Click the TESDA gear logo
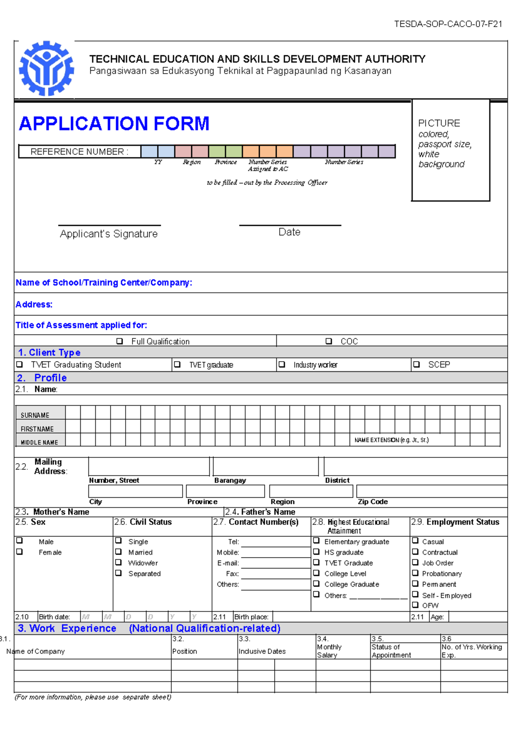pos(46,68)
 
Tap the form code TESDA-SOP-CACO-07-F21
pos(448,24)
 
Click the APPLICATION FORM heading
pos(114,124)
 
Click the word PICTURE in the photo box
pos(439,123)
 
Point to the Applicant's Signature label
pos(109,234)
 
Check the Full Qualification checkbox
pos(120,341)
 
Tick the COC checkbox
pos(328,341)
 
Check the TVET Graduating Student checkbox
pos(19,365)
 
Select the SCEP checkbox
pos(416,365)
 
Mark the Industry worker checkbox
pos(282,365)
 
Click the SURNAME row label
pos(35,415)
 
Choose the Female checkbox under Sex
pos(19,552)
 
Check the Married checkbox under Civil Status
pos(118,552)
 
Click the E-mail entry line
pos(275,563)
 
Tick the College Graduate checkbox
pos(316,584)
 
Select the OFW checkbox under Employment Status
pos(415,605)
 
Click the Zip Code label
pos(373,502)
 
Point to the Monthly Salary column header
pos(329,651)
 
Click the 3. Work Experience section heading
pos(67,628)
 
